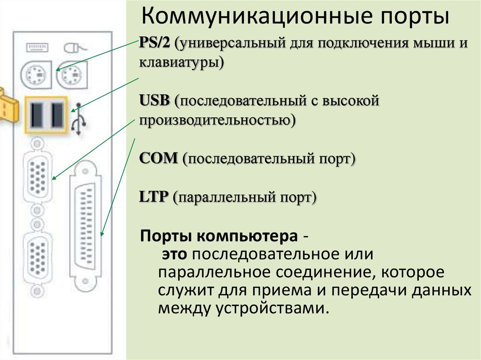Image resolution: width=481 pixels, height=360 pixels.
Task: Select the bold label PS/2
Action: [154, 42]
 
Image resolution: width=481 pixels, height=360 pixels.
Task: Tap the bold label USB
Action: [154, 100]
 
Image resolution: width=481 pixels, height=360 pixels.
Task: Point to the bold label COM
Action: [158, 158]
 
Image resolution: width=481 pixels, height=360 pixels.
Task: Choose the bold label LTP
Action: [154, 197]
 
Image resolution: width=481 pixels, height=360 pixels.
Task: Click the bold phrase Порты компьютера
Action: [219, 236]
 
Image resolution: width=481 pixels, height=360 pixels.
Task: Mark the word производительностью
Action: [217, 120]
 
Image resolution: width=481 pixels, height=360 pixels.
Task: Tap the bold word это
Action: [174, 254]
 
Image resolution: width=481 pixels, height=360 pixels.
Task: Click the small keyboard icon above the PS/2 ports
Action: [37, 47]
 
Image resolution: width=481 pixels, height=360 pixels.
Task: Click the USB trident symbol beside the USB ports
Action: [78, 119]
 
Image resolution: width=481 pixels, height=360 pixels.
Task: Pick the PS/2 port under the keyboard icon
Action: [36, 75]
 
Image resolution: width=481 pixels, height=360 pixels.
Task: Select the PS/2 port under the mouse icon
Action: [72, 75]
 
